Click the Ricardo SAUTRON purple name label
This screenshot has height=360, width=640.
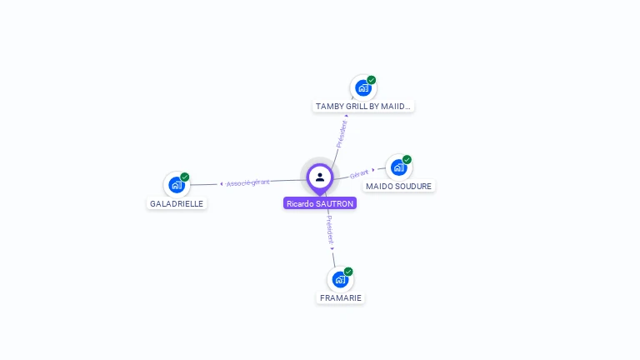coord(320,203)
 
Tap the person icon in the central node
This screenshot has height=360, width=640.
coord(320,177)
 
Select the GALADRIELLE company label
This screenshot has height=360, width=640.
coord(177,203)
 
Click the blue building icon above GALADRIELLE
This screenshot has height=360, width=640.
coord(177,185)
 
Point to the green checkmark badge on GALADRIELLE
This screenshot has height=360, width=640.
coord(185,177)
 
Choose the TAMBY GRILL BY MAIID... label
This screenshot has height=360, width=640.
coord(362,106)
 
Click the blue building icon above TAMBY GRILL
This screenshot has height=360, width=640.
coord(362,88)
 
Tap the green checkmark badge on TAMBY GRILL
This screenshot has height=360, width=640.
coord(372,80)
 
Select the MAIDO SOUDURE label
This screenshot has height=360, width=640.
coord(399,186)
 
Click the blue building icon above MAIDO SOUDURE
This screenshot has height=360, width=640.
coord(399,167)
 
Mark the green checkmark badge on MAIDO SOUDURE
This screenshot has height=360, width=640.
coord(407,159)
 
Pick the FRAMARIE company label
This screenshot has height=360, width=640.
coord(340,298)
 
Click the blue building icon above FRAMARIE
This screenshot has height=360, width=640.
coord(340,280)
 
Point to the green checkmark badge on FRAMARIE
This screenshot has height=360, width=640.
coord(348,272)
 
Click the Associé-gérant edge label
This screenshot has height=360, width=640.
coord(247,182)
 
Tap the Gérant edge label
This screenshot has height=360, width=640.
coord(359,174)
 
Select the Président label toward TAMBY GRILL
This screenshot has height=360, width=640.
coord(342,134)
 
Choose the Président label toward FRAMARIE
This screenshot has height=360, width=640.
coord(330,230)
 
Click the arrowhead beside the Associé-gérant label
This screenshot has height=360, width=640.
coord(222,184)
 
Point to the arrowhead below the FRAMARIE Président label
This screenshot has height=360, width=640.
coord(332,248)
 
